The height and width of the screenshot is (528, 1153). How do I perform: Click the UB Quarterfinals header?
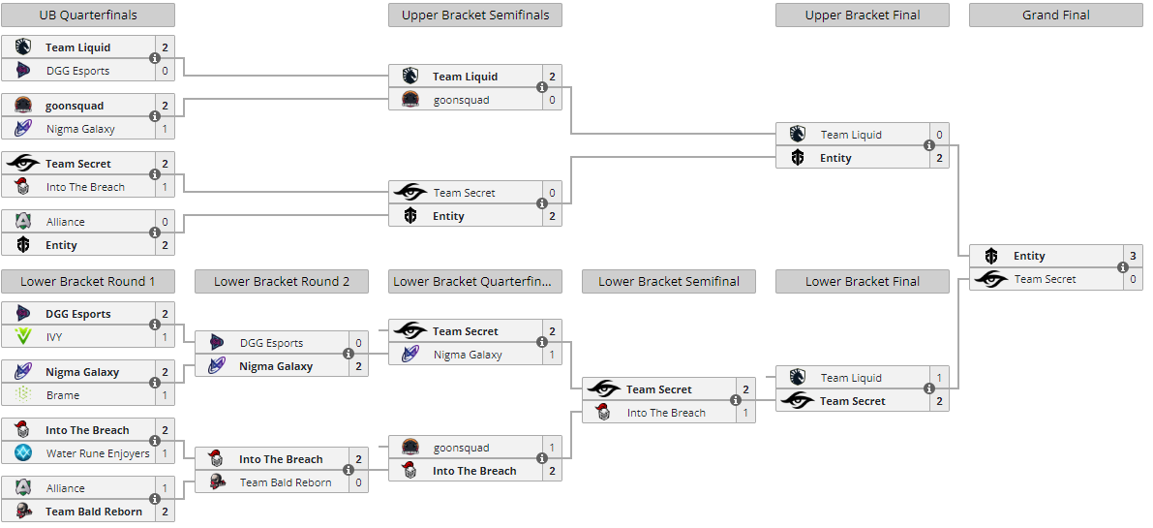pyautogui.click(x=88, y=15)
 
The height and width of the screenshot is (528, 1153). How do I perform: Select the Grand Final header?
pyautogui.click(x=1055, y=15)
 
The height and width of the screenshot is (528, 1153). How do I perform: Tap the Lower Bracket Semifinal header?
pyautogui.click(x=669, y=282)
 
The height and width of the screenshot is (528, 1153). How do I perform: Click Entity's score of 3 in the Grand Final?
pyautogui.click(x=1133, y=256)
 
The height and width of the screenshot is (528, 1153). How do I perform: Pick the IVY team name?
pyautogui.click(x=54, y=337)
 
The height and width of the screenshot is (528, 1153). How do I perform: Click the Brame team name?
pyautogui.click(x=63, y=395)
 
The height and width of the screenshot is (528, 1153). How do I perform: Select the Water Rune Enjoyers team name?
pyautogui.click(x=98, y=453)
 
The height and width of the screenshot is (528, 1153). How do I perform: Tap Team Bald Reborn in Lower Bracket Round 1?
pyautogui.click(x=94, y=512)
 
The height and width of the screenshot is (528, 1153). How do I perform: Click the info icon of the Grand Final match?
pyautogui.click(x=1123, y=267)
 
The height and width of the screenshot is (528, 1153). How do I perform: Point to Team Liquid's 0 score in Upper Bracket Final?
pyautogui.click(x=939, y=135)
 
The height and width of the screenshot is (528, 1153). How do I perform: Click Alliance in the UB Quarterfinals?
pyautogui.click(x=66, y=222)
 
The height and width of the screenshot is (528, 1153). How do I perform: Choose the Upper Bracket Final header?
pyautogui.click(x=863, y=15)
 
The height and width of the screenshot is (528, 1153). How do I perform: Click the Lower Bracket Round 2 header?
pyautogui.click(x=282, y=282)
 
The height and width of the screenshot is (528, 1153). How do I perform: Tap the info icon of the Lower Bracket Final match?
pyautogui.click(x=929, y=389)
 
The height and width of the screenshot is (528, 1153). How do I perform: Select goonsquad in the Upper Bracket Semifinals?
pyautogui.click(x=462, y=100)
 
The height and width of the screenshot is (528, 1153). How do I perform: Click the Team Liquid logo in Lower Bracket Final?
pyautogui.click(x=798, y=378)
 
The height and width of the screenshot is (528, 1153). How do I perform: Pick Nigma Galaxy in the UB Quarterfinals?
pyautogui.click(x=80, y=129)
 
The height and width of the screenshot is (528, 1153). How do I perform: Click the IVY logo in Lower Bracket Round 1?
pyautogui.click(x=23, y=337)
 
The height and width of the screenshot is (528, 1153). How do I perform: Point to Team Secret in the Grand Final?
pyautogui.click(x=1046, y=279)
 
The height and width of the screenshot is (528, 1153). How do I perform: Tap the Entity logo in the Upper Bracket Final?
pyautogui.click(x=798, y=158)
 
